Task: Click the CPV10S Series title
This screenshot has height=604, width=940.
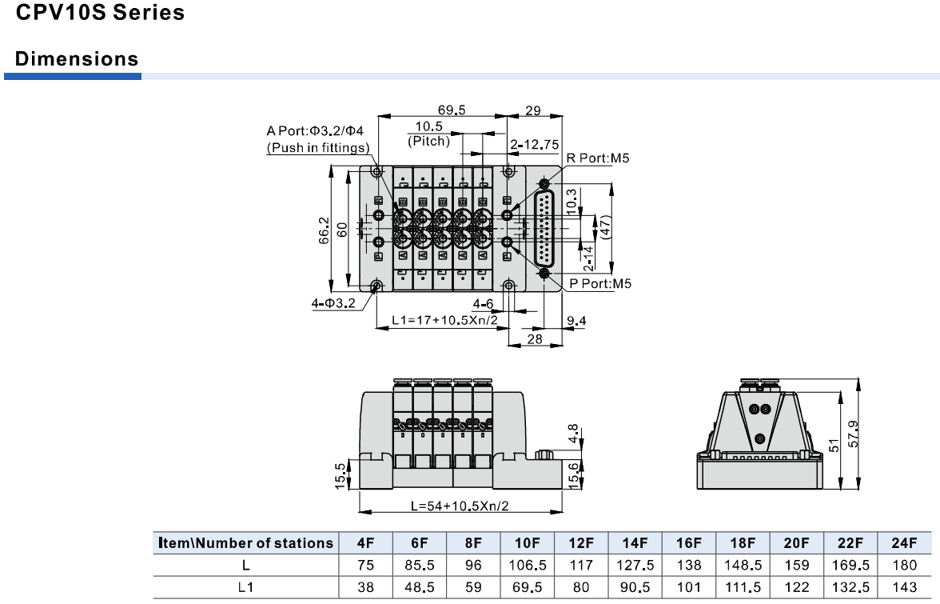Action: point(100,14)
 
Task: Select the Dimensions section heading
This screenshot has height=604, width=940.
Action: point(77,59)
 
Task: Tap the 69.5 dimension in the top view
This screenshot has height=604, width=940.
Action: point(452,110)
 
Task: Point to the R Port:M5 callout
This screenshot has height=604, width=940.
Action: point(598,158)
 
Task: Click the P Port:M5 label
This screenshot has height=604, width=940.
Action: point(600,283)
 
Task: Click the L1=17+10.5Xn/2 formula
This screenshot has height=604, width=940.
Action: point(450,320)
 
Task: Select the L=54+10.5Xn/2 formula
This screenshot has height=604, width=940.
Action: point(460,506)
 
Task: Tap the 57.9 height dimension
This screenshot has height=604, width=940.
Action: point(852,435)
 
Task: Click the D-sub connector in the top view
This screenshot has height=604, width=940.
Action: point(545,230)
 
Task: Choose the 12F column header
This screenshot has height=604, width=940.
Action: point(581,542)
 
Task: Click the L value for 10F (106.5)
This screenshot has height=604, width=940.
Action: point(527,565)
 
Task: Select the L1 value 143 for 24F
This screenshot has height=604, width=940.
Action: point(904,587)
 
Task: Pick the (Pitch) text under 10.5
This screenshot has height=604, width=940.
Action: point(428,141)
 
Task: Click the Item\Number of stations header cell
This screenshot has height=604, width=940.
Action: point(245,542)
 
